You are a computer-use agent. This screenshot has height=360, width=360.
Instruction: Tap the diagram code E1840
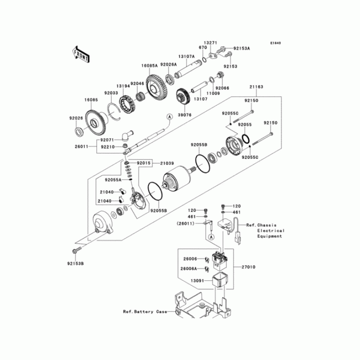point(275,44)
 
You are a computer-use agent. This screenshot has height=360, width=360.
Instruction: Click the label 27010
point(248,267)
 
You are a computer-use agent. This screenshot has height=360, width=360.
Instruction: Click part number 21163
point(269,87)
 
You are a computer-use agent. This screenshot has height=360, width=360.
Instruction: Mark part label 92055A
point(113,180)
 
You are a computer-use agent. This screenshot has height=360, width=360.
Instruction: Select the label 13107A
point(186,57)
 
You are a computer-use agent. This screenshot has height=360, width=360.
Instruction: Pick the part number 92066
point(223,88)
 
